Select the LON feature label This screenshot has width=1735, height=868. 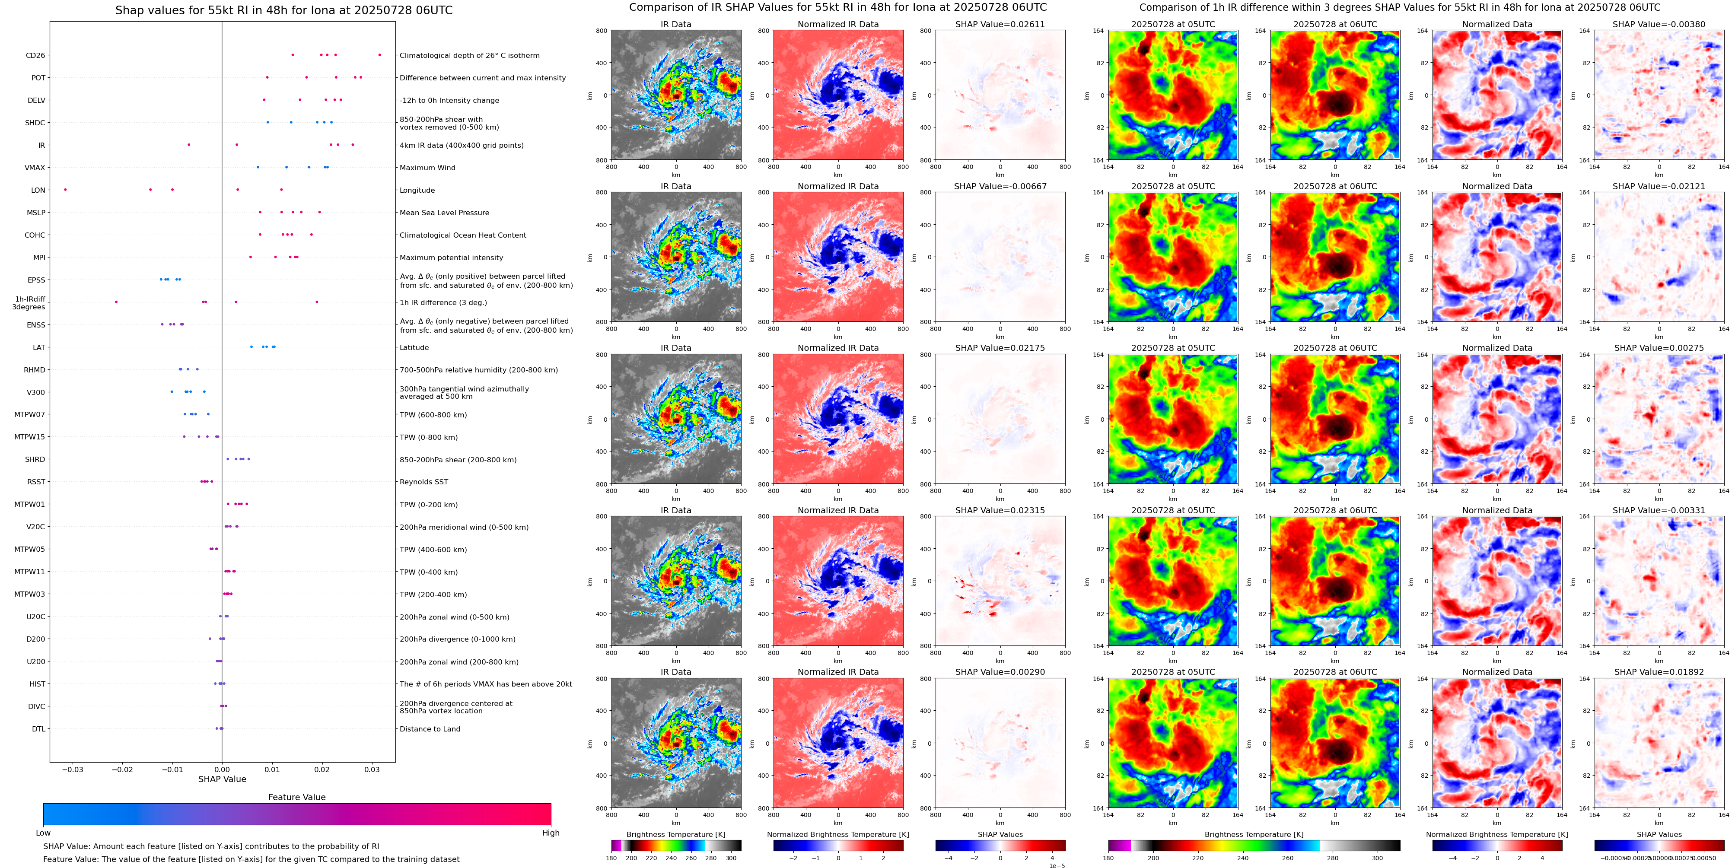(x=38, y=190)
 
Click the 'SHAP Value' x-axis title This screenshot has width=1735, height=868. (x=222, y=779)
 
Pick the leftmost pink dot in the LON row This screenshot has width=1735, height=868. (x=65, y=189)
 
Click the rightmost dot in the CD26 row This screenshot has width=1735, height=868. (x=379, y=54)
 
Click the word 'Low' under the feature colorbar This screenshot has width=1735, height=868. (x=43, y=833)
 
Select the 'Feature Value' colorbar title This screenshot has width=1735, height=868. (x=296, y=797)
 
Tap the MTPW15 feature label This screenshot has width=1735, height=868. (x=30, y=437)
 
